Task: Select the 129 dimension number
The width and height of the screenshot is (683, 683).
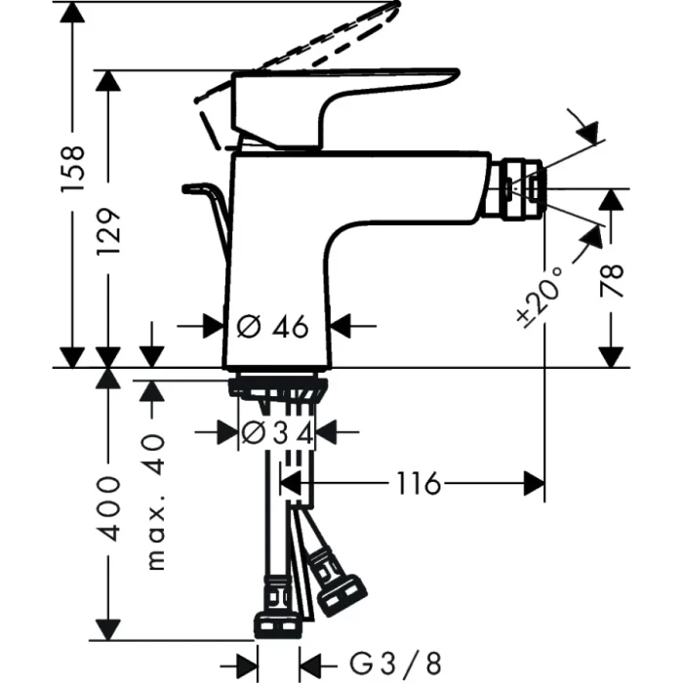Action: [x=108, y=231]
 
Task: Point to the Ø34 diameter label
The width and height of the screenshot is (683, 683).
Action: [x=277, y=432]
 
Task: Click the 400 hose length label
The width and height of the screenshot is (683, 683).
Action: [x=108, y=507]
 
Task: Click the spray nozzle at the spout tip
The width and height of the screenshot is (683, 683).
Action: [x=517, y=186]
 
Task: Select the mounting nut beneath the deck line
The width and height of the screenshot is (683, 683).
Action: [x=276, y=388]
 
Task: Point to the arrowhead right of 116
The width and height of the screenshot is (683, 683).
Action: [x=535, y=483]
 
